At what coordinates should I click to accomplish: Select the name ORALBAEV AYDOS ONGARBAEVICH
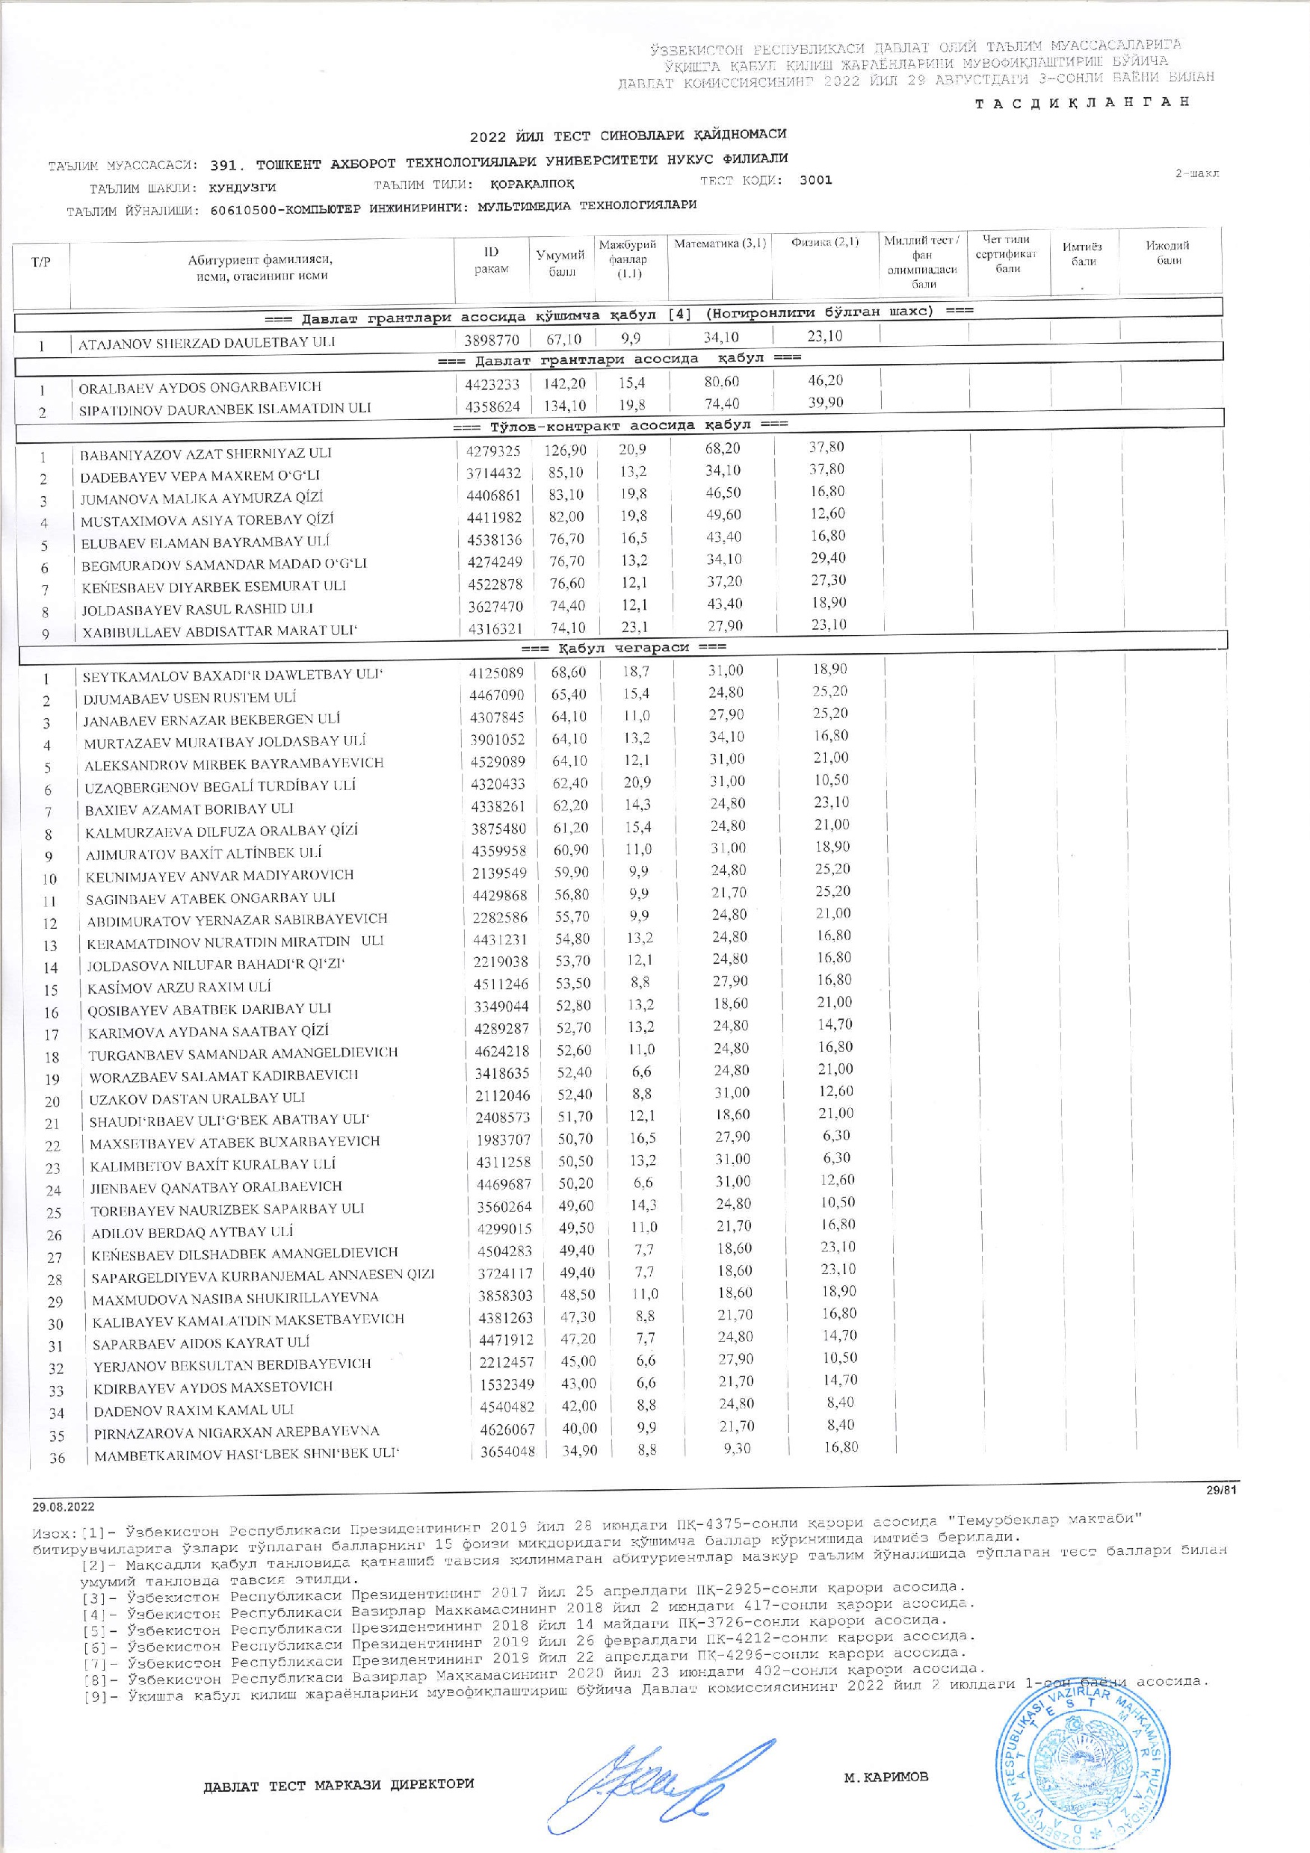click(x=200, y=386)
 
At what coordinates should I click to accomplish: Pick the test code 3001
click(x=815, y=180)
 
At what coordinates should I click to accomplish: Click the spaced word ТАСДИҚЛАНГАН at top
click(x=1082, y=102)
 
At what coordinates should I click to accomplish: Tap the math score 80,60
click(x=721, y=382)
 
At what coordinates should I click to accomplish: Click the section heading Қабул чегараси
click(x=622, y=646)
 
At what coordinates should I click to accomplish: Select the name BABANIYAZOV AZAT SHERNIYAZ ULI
click(x=205, y=454)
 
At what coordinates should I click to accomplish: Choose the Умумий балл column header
click(x=561, y=263)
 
